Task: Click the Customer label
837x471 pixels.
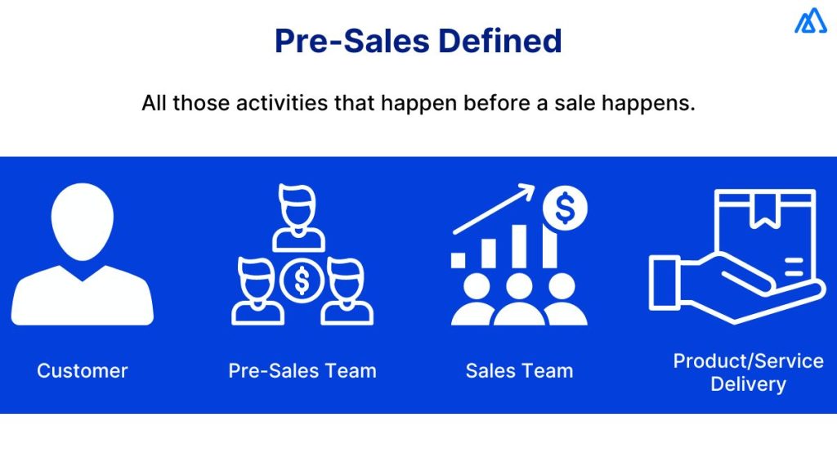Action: [83, 370]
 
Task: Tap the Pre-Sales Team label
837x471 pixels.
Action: [302, 370]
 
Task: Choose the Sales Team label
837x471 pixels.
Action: [519, 370]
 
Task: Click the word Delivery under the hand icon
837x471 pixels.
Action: [748, 384]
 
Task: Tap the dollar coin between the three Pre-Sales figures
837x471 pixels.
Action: [302, 281]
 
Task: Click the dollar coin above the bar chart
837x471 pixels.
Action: [564, 209]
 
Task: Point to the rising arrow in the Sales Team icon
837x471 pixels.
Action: [495, 211]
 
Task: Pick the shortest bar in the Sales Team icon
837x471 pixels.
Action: [459, 260]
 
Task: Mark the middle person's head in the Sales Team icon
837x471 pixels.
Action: [519, 285]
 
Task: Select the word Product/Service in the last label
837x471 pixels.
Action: [748, 361]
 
